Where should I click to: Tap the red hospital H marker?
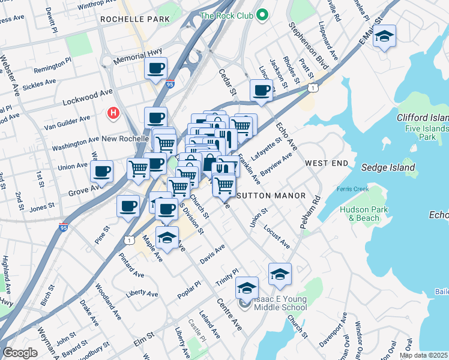click(x=112, y=112)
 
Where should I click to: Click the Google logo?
click(x=20, y=353)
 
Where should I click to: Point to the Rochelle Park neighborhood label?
click(x=135, y=19)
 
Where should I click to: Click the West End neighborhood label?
click(x=326, y=163)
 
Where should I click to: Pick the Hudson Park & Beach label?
click(x=359, y=214)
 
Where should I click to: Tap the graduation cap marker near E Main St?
click(x=384, y=37)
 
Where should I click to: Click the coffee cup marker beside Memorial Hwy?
click(x=156, y=68)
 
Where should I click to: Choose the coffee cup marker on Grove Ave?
click(x=101, y=172)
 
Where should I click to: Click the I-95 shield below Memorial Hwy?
click(x=170, y=85)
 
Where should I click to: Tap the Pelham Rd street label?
click(x=310, y=211)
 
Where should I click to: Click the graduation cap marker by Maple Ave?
click(x=167, y=238)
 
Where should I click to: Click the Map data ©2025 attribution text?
click(x=423, y=355)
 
